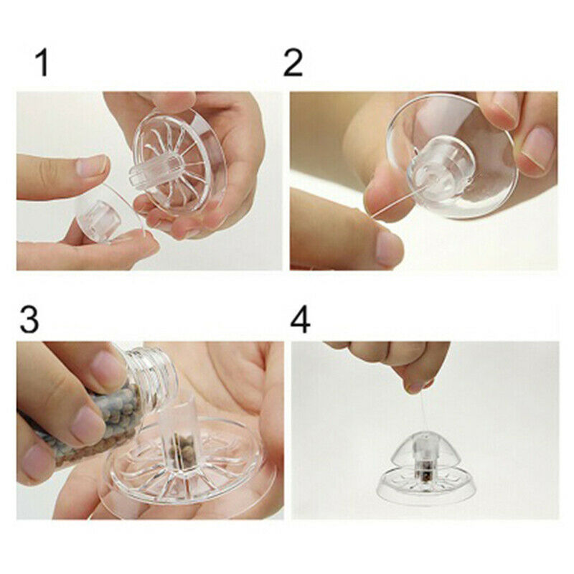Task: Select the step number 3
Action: point(29,319)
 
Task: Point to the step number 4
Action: point(300,319)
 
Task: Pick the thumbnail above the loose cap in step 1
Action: point(91,166)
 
